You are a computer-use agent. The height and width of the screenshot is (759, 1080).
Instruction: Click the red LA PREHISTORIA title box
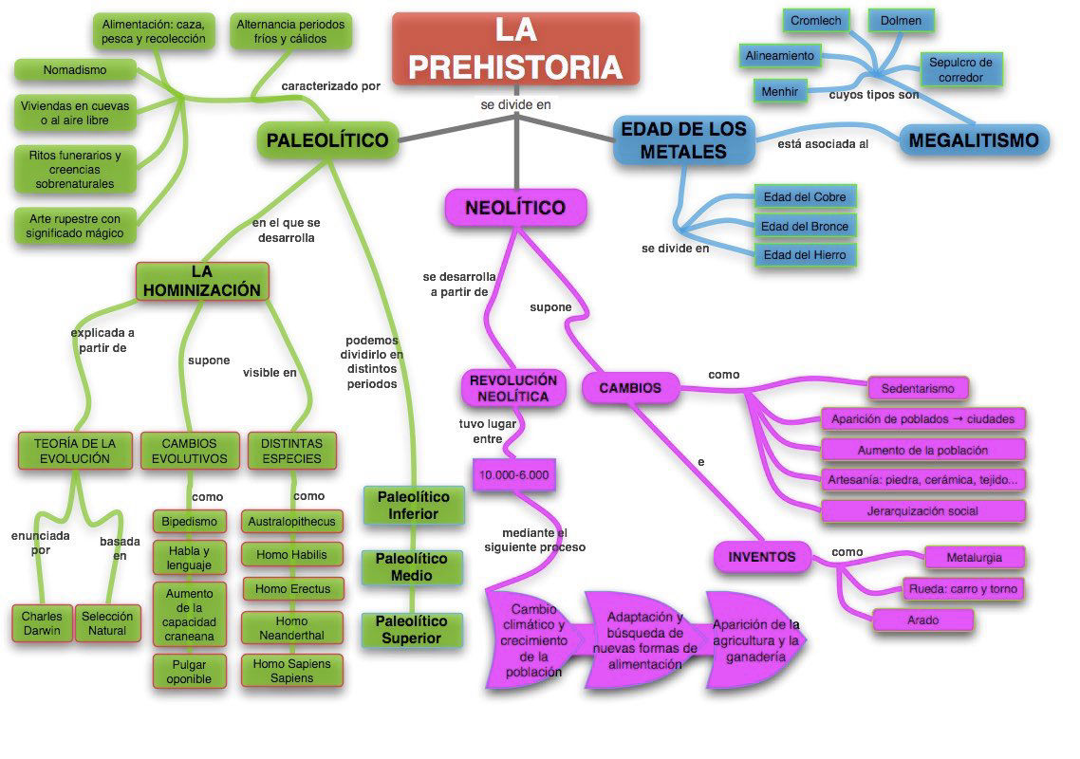click(516, 49)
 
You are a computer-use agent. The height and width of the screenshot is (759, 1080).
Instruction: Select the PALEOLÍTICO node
click(327, 140)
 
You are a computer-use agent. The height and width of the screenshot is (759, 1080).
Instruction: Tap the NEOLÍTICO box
click(516, 208)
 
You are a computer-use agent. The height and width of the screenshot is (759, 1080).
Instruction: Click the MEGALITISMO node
click(974, 140)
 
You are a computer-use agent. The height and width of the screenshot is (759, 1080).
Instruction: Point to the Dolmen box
click(901, 21)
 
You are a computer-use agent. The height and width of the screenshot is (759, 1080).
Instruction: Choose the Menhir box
click(780, 92)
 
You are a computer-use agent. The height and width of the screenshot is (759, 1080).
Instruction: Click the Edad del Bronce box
click(805, 226)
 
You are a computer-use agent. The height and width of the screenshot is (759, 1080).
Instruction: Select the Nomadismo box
click(75, 69)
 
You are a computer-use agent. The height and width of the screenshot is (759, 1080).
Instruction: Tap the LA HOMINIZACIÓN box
click(202, 281)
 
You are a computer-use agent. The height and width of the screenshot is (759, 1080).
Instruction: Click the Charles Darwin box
click(42, 623)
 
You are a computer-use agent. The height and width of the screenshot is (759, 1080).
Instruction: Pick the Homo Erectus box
click(292, 589)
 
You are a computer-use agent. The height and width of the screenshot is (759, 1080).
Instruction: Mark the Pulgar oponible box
click(190, 672)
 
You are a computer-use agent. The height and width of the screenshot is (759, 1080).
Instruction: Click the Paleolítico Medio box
click(412, 566)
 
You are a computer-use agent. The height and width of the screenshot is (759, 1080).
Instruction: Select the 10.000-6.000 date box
click(513, 474)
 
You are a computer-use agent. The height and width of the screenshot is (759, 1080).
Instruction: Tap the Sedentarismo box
click(918, 388)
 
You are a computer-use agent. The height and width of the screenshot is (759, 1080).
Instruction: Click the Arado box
click(923, 620)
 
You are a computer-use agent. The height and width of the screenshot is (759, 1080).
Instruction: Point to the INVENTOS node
click(762, 557)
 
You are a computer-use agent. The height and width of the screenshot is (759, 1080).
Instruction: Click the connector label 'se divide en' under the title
click(516, 104)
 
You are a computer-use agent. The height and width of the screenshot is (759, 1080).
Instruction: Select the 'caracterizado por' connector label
click(331, 86)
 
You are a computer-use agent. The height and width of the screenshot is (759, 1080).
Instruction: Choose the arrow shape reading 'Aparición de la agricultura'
click(756, 640)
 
